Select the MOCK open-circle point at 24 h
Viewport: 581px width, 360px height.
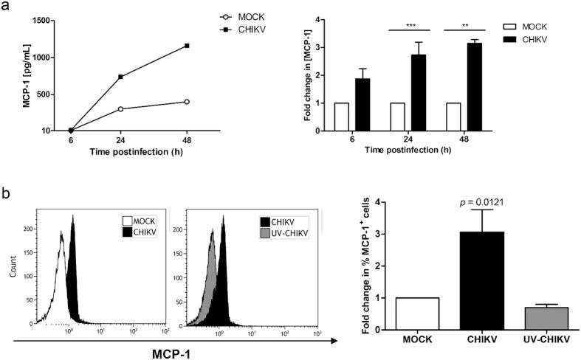(120, 108)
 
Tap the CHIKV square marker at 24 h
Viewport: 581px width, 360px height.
(120, 77)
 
